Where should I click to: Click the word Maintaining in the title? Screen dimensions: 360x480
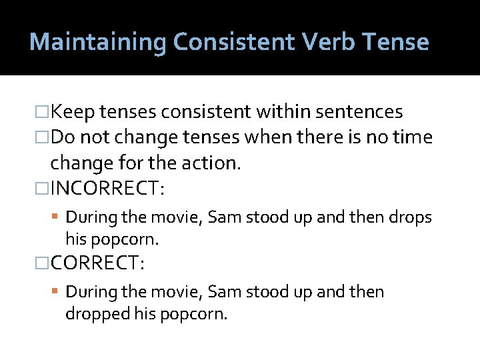tap(97, 42)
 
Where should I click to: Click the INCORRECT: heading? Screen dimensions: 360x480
tap(107, 189)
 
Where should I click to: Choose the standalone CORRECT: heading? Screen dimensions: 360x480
tap(97, 263)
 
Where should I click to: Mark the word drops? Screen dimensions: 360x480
tap(410, 217)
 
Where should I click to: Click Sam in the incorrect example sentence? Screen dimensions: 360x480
tap(220, 217)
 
